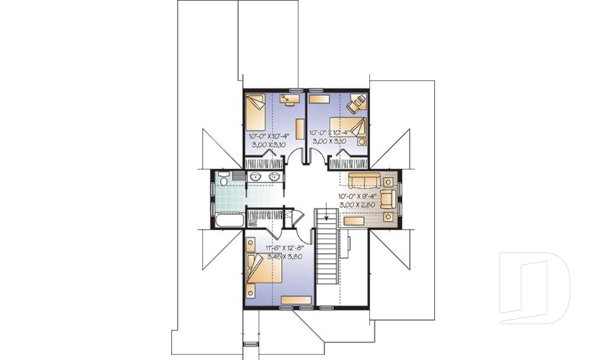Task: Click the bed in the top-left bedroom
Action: [x=256, y=111]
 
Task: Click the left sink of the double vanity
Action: [x=256, y=177]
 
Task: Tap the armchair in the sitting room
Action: [x=388, y=197]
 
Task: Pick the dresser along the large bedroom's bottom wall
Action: [x=297, y=299]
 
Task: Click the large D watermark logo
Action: [x=534, y=288]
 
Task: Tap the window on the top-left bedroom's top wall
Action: [x=294, y=91]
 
